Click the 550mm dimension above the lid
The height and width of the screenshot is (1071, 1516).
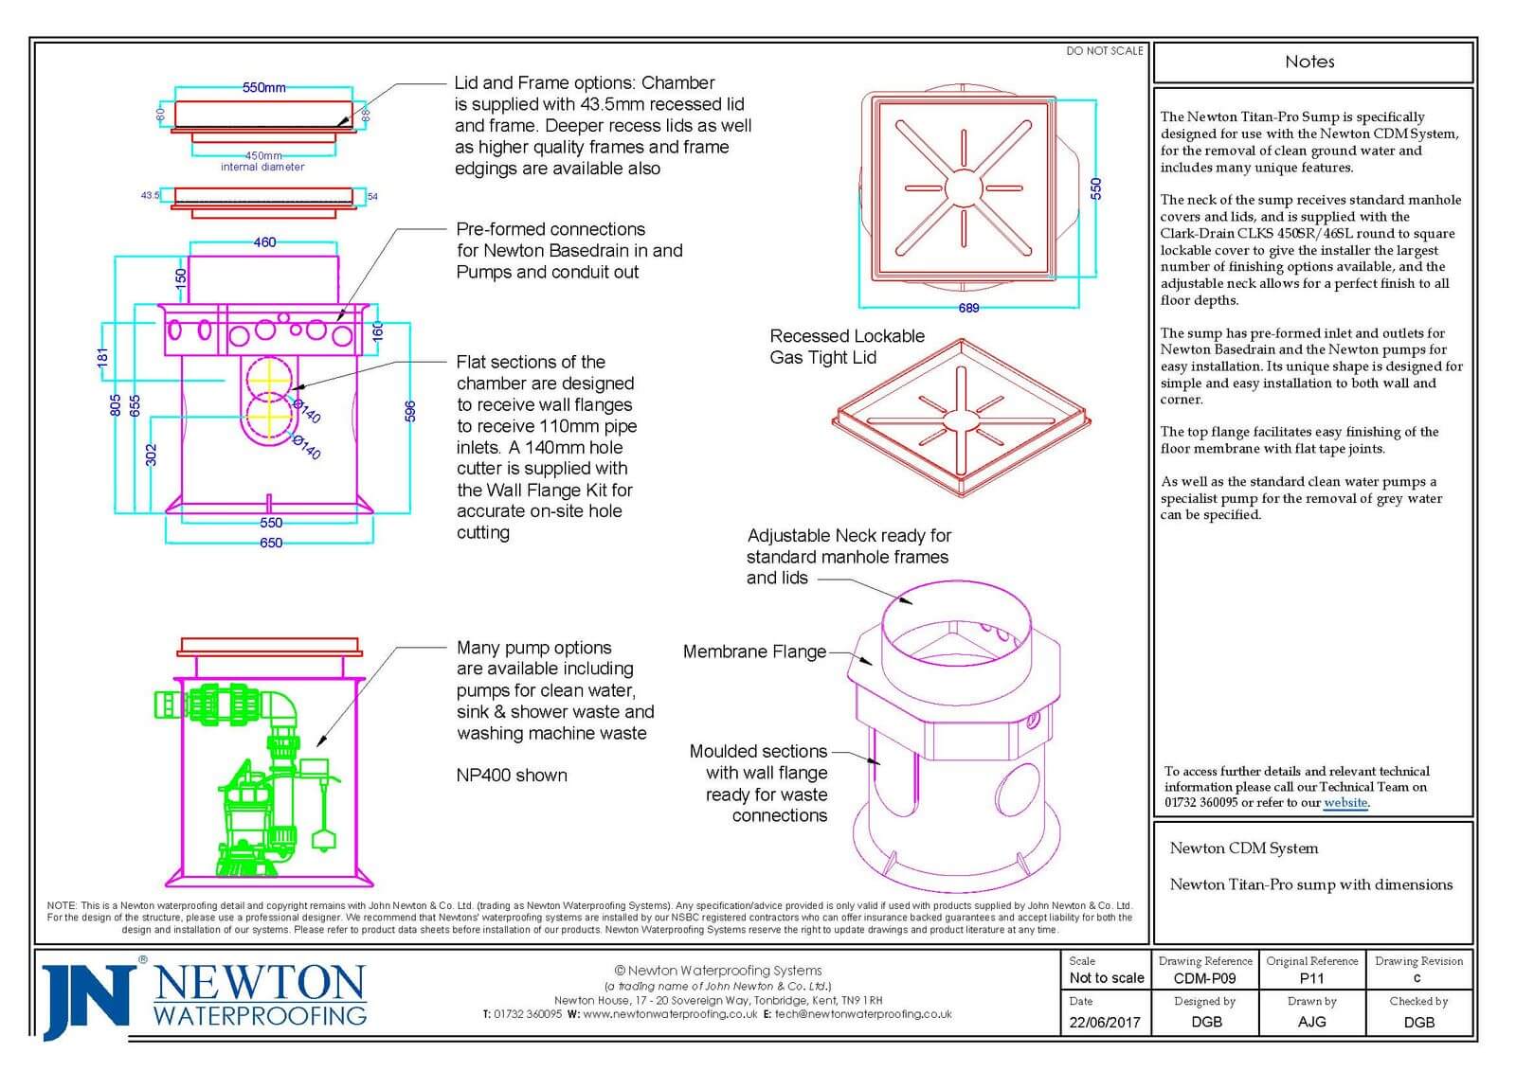264,88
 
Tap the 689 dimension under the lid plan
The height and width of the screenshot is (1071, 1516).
968,308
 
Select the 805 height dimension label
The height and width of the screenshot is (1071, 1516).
116,406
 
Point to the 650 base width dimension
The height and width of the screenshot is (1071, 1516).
271,543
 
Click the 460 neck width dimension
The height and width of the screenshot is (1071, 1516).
264,242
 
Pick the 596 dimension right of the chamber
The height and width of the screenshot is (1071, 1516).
410,411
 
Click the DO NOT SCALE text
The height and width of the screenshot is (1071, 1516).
1105,51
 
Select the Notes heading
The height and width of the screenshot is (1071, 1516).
1309,62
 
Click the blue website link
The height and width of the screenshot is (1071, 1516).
1345,802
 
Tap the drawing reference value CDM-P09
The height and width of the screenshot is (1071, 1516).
1204,978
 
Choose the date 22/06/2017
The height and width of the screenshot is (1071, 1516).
1105,1023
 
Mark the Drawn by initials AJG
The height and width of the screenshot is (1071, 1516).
1311,1022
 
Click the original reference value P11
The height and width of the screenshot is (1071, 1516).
1311,978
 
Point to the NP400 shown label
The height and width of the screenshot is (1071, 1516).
512,776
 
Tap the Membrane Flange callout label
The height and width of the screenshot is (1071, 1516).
754,652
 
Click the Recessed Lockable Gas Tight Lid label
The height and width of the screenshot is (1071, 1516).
847,347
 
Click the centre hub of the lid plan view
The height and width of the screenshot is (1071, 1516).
963,188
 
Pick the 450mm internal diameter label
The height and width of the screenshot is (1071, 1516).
262,161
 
